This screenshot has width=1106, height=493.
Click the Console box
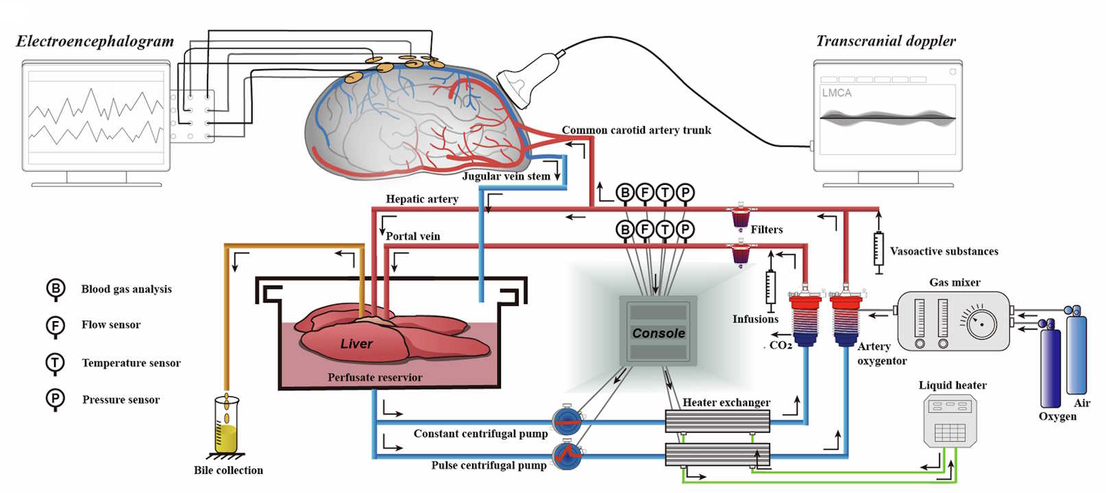(658, 333)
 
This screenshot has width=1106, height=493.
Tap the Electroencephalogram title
(95, 41)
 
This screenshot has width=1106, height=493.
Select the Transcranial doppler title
(885, 41)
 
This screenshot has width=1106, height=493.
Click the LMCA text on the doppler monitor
(837, 93)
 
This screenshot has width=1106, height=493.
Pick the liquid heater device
(950, 421)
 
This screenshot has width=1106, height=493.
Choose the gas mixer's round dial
(981, 323)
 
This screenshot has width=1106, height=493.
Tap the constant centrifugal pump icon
(567, 420)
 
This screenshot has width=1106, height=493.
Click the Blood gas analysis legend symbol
(56, 288)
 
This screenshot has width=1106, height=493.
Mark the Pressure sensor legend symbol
(56, 399)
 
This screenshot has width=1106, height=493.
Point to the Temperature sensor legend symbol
(56, 362)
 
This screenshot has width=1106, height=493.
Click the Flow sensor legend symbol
(56, 325)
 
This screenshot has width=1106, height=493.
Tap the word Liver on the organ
(356, 344)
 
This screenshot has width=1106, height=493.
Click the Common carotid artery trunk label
(636, 130)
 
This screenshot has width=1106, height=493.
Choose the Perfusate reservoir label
(375, 377)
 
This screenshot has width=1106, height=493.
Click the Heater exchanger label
(726, 403)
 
